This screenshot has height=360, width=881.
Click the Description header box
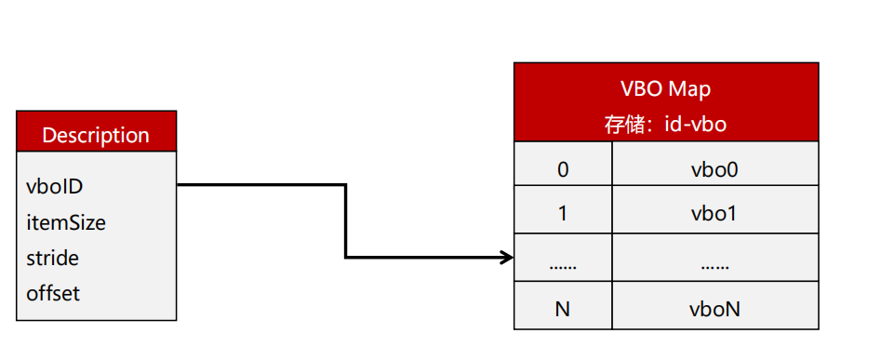(96, 134)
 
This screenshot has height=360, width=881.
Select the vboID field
(55, 186)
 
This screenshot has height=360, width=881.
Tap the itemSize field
(66, 222)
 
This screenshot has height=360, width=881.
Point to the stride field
(53, 258)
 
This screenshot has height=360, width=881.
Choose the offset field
(53, 293)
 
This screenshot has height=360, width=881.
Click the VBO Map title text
(665, 89)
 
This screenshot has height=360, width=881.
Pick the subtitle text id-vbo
(695, 123)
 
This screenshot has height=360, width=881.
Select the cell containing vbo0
(714, 169)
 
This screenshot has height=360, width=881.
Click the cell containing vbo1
(714, 213)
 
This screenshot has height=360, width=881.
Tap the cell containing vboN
(714, 309)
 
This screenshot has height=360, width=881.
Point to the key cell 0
(562, 169)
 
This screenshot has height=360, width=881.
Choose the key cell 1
(562, 213)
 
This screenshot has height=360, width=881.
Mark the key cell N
(562, 309)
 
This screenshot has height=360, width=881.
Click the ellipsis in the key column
(562, 266)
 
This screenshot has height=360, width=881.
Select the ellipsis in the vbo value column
(714, 266)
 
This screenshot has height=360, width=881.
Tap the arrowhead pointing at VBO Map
(507, 257)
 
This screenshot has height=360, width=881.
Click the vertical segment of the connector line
(345, 220)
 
